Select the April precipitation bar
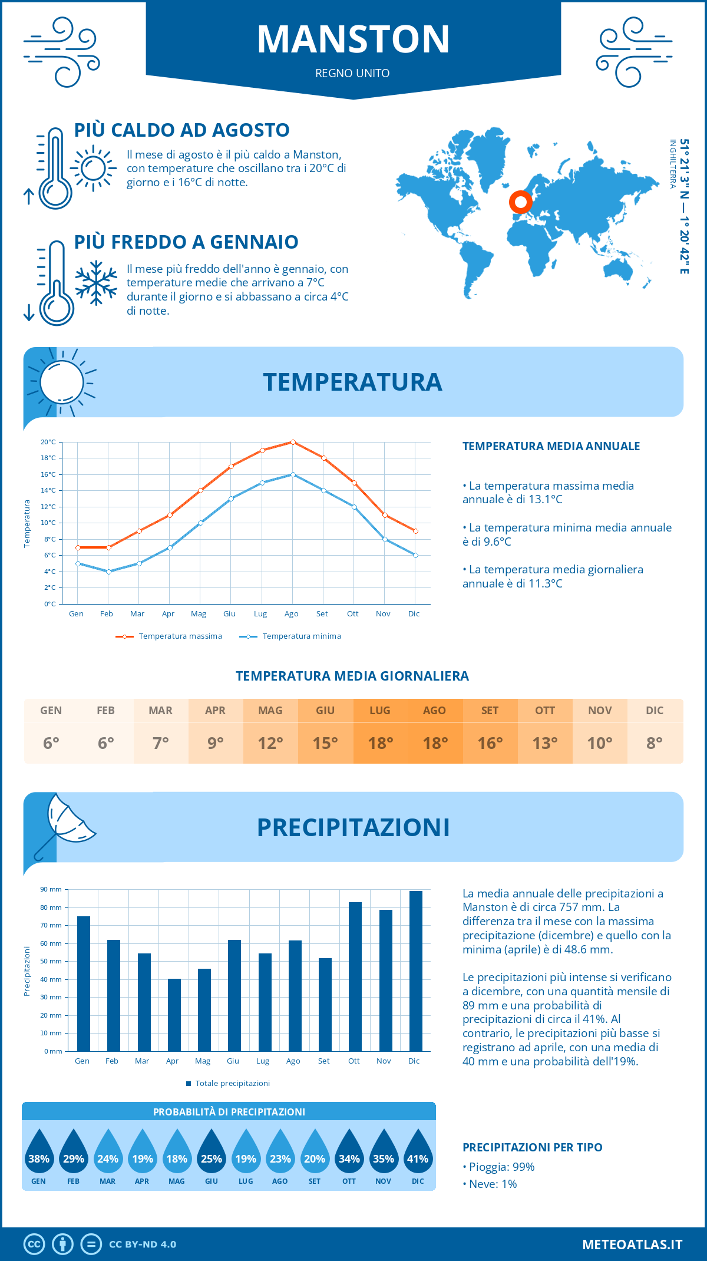[174, 1015]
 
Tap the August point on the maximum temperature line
[293, 442]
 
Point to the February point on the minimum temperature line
[108, 572]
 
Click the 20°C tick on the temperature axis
[48, 442]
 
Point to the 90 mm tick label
[51, 889]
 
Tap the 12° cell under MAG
[270, 743]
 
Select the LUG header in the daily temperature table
[380, 711]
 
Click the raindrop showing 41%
[418, 1153]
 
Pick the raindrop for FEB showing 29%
[74, 1153]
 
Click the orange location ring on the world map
[520, 202]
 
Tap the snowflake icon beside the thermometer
[96, 283]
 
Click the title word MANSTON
[353, 39]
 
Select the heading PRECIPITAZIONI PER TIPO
[532, 1147]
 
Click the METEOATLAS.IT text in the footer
[632, 1245]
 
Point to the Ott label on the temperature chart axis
[352, 614]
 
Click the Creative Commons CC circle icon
[34, 1245]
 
